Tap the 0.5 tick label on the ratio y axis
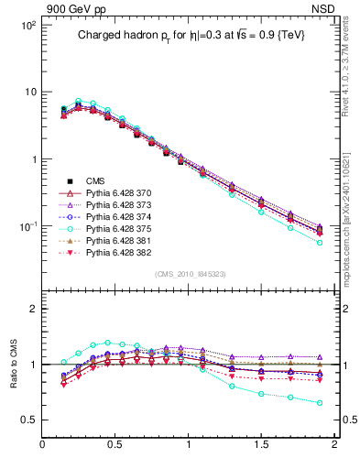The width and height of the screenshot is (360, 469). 29,420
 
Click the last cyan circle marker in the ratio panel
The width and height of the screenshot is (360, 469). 319,402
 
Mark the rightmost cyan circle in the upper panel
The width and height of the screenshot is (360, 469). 319,243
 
